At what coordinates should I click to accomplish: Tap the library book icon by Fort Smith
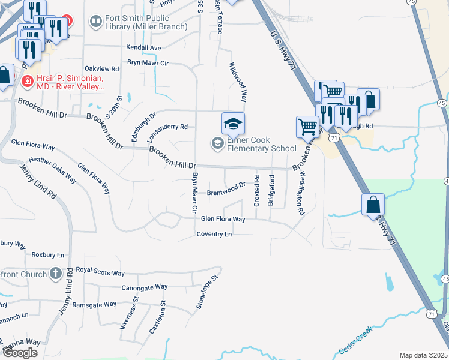pos(96,22)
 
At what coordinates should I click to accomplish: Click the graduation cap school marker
pos(233,124)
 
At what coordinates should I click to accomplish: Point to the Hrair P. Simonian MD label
pos(64,82)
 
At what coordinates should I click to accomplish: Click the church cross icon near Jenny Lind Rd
pos(56,274)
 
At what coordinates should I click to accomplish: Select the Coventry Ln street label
pos(214,234)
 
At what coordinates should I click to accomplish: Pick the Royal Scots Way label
pos(102,271)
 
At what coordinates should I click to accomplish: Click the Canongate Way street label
pos(144,287)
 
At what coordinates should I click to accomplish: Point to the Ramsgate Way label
pos(94,304)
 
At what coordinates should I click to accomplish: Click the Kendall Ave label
pos(143,47)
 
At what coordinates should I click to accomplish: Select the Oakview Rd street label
pos(102,70)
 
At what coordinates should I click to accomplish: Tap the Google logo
pos(20,353)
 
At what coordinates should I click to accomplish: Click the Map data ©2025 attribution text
pos(423,355)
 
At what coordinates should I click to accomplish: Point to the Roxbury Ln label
pos(47,255)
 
